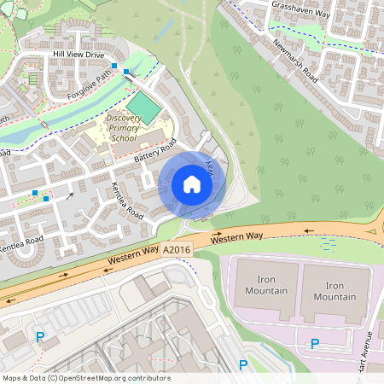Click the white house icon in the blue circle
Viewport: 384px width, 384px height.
[192, 184]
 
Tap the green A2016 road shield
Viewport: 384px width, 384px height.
[176, 249]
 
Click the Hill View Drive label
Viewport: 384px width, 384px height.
[78, 54]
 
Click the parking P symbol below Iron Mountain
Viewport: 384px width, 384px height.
[314, 344]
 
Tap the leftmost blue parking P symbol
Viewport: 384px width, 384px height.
[39, 338]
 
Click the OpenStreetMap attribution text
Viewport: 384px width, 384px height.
[85, 378]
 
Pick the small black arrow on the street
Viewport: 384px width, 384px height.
[70, 195]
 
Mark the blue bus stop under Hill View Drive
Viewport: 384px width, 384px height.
[114, 65]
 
